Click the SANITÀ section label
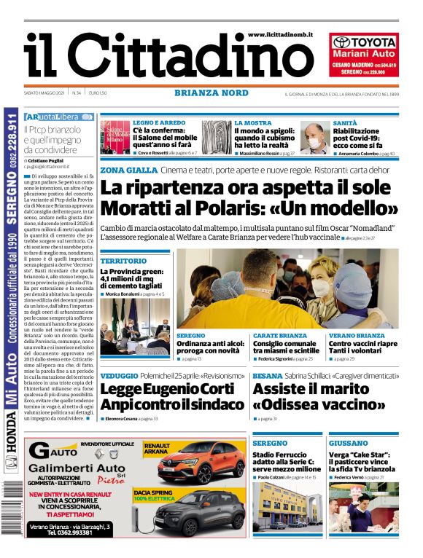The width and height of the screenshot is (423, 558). [344, 123]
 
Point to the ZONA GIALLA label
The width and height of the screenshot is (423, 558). [128, 170]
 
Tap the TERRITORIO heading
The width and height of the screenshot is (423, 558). [123, 260]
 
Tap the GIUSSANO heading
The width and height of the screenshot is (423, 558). [348, 443]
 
